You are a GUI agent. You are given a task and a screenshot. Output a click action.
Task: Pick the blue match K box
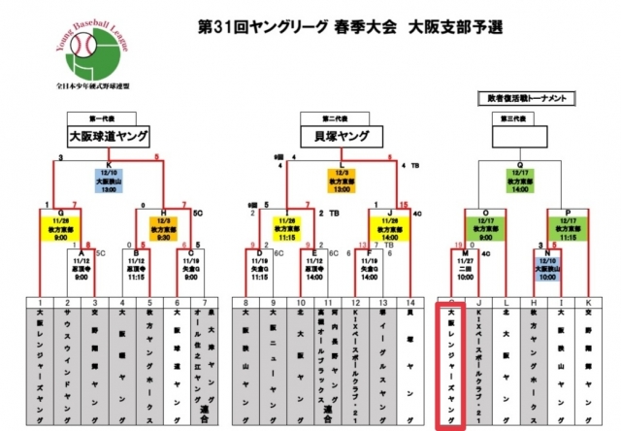point(109,179)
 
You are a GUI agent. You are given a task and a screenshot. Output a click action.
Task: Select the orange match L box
point(341,179)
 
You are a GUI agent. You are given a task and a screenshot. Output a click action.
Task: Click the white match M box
point(465,267)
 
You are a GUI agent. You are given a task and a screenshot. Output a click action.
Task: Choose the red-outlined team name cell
point(452,364)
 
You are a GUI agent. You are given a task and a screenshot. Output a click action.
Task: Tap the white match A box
point(81,267)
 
